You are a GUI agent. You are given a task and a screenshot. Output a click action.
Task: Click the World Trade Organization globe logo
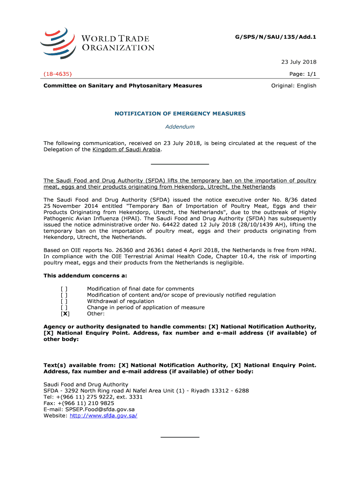57,43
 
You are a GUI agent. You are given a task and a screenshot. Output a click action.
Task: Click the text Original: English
294,86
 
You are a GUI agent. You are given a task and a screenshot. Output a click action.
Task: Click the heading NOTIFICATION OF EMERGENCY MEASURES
180,114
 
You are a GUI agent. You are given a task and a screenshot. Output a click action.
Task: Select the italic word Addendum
180,127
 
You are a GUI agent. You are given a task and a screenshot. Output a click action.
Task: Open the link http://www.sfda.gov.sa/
103,415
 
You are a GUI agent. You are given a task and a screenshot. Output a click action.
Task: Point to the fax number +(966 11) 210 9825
86,403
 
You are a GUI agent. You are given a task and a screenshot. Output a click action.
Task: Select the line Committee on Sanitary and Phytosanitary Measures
123,86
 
